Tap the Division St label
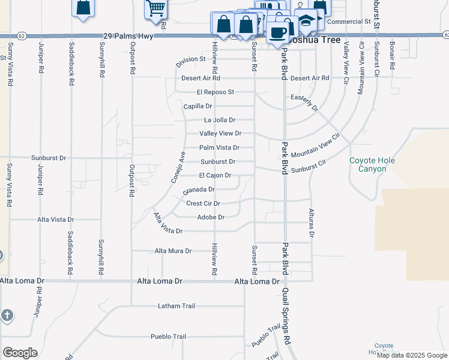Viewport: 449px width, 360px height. (191, 61)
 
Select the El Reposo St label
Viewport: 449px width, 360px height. (214, 92)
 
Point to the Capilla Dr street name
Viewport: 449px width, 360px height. (197, 106)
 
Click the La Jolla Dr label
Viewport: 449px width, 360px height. (217, 120)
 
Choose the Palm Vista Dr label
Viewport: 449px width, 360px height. (219, 148)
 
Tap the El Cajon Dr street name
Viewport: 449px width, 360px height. (214, 176)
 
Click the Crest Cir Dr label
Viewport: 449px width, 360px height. (203, 204)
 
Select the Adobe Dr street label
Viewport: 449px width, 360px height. (210, 217)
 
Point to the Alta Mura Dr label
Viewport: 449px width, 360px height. (173, 251)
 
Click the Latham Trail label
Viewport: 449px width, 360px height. (176, 306)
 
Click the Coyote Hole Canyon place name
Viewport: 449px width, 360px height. (368, 165)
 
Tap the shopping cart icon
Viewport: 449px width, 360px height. (155, 8)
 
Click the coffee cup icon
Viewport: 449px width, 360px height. (278, 31)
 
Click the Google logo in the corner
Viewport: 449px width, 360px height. (20, 353)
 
